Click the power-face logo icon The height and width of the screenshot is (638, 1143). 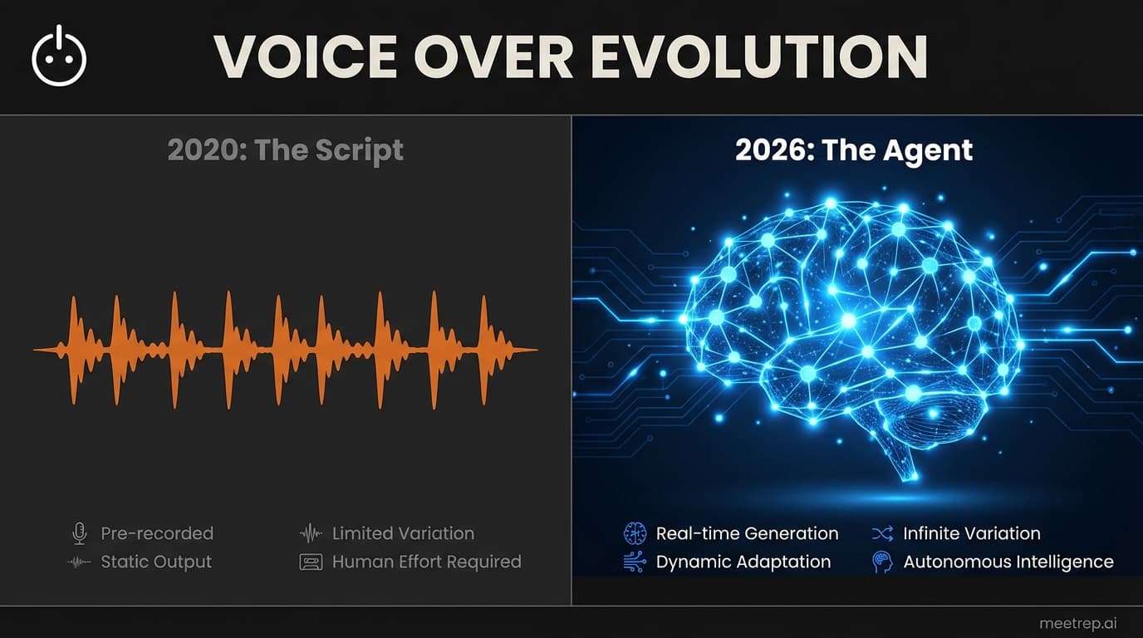59,57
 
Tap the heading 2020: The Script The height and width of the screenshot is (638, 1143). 285,150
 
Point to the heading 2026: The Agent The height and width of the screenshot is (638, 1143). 854,150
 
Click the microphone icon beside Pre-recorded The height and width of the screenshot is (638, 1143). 79,533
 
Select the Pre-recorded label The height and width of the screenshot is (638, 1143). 157,533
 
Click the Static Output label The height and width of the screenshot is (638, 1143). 156,562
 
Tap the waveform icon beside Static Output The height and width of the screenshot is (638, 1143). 79,562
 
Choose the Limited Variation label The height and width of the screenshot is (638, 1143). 403,533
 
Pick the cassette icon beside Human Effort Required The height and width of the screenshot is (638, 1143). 310,562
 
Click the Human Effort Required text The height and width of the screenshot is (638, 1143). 426,562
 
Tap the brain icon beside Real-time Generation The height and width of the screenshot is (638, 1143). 635,533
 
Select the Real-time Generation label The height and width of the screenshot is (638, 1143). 747,533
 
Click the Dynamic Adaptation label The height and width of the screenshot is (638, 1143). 743,562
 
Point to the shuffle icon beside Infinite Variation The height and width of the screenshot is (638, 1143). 882,533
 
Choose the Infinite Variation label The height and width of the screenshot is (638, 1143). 971,533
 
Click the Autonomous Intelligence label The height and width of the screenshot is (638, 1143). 1008,562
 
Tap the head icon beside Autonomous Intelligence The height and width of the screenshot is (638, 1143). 882,562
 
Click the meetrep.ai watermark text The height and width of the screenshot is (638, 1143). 1084,623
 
